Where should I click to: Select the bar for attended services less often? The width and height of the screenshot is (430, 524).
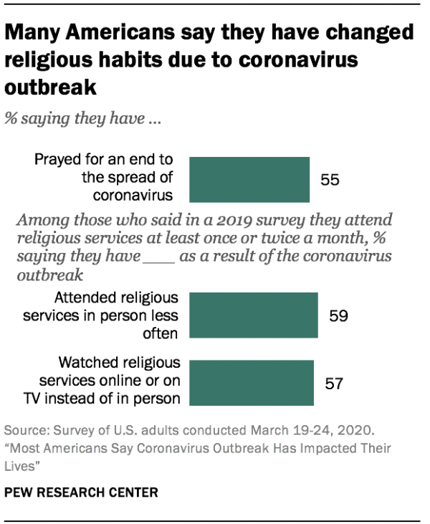click(x=256, y=314)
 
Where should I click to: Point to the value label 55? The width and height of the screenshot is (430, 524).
click(x=330, y=180)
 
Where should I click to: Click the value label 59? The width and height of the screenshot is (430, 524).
click(x=338, y=315)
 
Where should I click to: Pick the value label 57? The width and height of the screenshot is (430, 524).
click(x=334, y=383)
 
